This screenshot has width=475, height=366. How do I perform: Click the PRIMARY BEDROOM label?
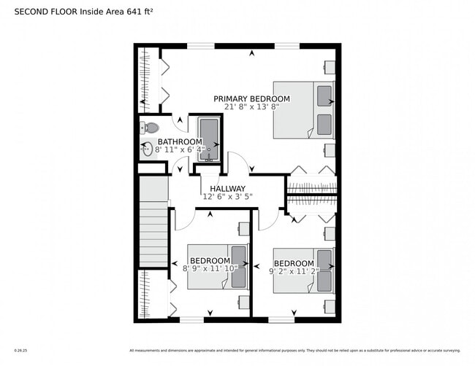tap(251, 98)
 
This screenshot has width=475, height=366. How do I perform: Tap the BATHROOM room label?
tap(180, 141)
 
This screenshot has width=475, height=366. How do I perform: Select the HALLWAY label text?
tap(227, 189)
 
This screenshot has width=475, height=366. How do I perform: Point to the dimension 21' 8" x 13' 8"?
tap(251, 106)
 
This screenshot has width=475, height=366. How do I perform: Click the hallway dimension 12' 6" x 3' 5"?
tap(227, 197)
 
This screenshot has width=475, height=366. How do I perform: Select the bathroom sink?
tap(148, 150)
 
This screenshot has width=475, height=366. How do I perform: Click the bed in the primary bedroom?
tap(303, 109)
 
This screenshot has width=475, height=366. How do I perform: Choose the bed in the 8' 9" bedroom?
tap(218, 267)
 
